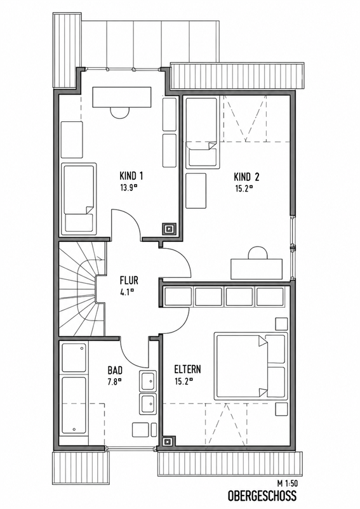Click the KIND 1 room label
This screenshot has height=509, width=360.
(131, 176)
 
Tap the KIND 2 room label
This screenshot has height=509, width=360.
(246, 177)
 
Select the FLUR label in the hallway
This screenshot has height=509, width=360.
(129, 280)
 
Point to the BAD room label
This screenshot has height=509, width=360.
(115, 370)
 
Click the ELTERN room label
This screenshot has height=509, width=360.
(188, 369)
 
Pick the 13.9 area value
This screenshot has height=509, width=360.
(128, 188)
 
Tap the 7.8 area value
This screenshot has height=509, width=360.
(114, 381)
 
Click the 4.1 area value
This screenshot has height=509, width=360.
(127, 292)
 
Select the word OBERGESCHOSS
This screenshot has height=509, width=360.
(262, 496)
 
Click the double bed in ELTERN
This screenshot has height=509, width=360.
(251, 366)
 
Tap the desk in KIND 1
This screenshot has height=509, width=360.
(122, 96)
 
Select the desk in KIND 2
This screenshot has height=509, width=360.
(257, 268)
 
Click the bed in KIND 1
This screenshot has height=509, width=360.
(79, 199)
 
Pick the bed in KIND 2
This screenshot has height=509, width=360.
(201, 133)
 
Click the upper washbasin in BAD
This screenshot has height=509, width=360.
(148, 381)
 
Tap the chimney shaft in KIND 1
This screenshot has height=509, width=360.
(170, 228)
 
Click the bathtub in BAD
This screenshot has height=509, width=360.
(74, 406)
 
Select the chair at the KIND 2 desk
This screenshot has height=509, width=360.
(258, 252)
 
